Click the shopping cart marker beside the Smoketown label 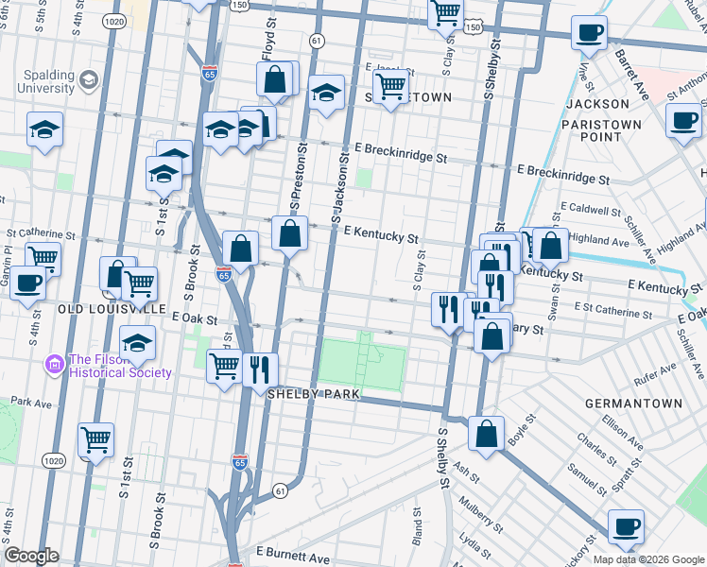click(x=389, y=88)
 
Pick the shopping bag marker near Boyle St click(x=486, y=433)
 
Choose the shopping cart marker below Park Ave click(x=96, y=439)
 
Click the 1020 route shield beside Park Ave click(x=53, y=460)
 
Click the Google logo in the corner click(x=31, y=557)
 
